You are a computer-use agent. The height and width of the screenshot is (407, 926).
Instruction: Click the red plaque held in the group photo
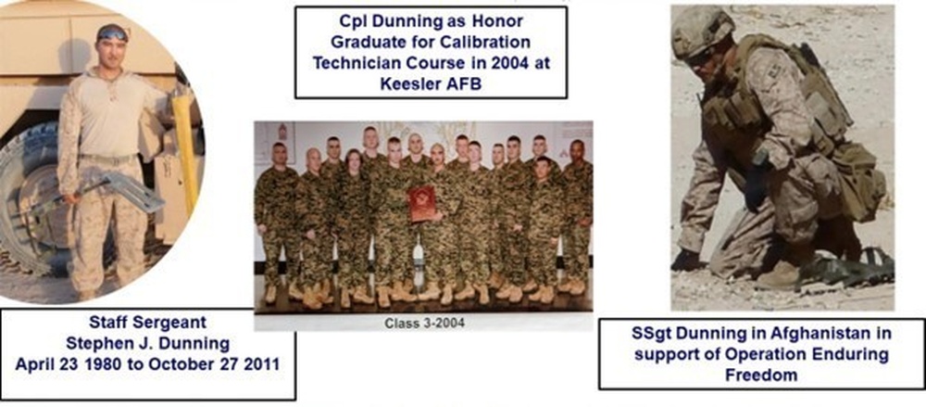click(422, 202)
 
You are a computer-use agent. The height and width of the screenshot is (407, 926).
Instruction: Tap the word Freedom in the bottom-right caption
click(761, 375)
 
